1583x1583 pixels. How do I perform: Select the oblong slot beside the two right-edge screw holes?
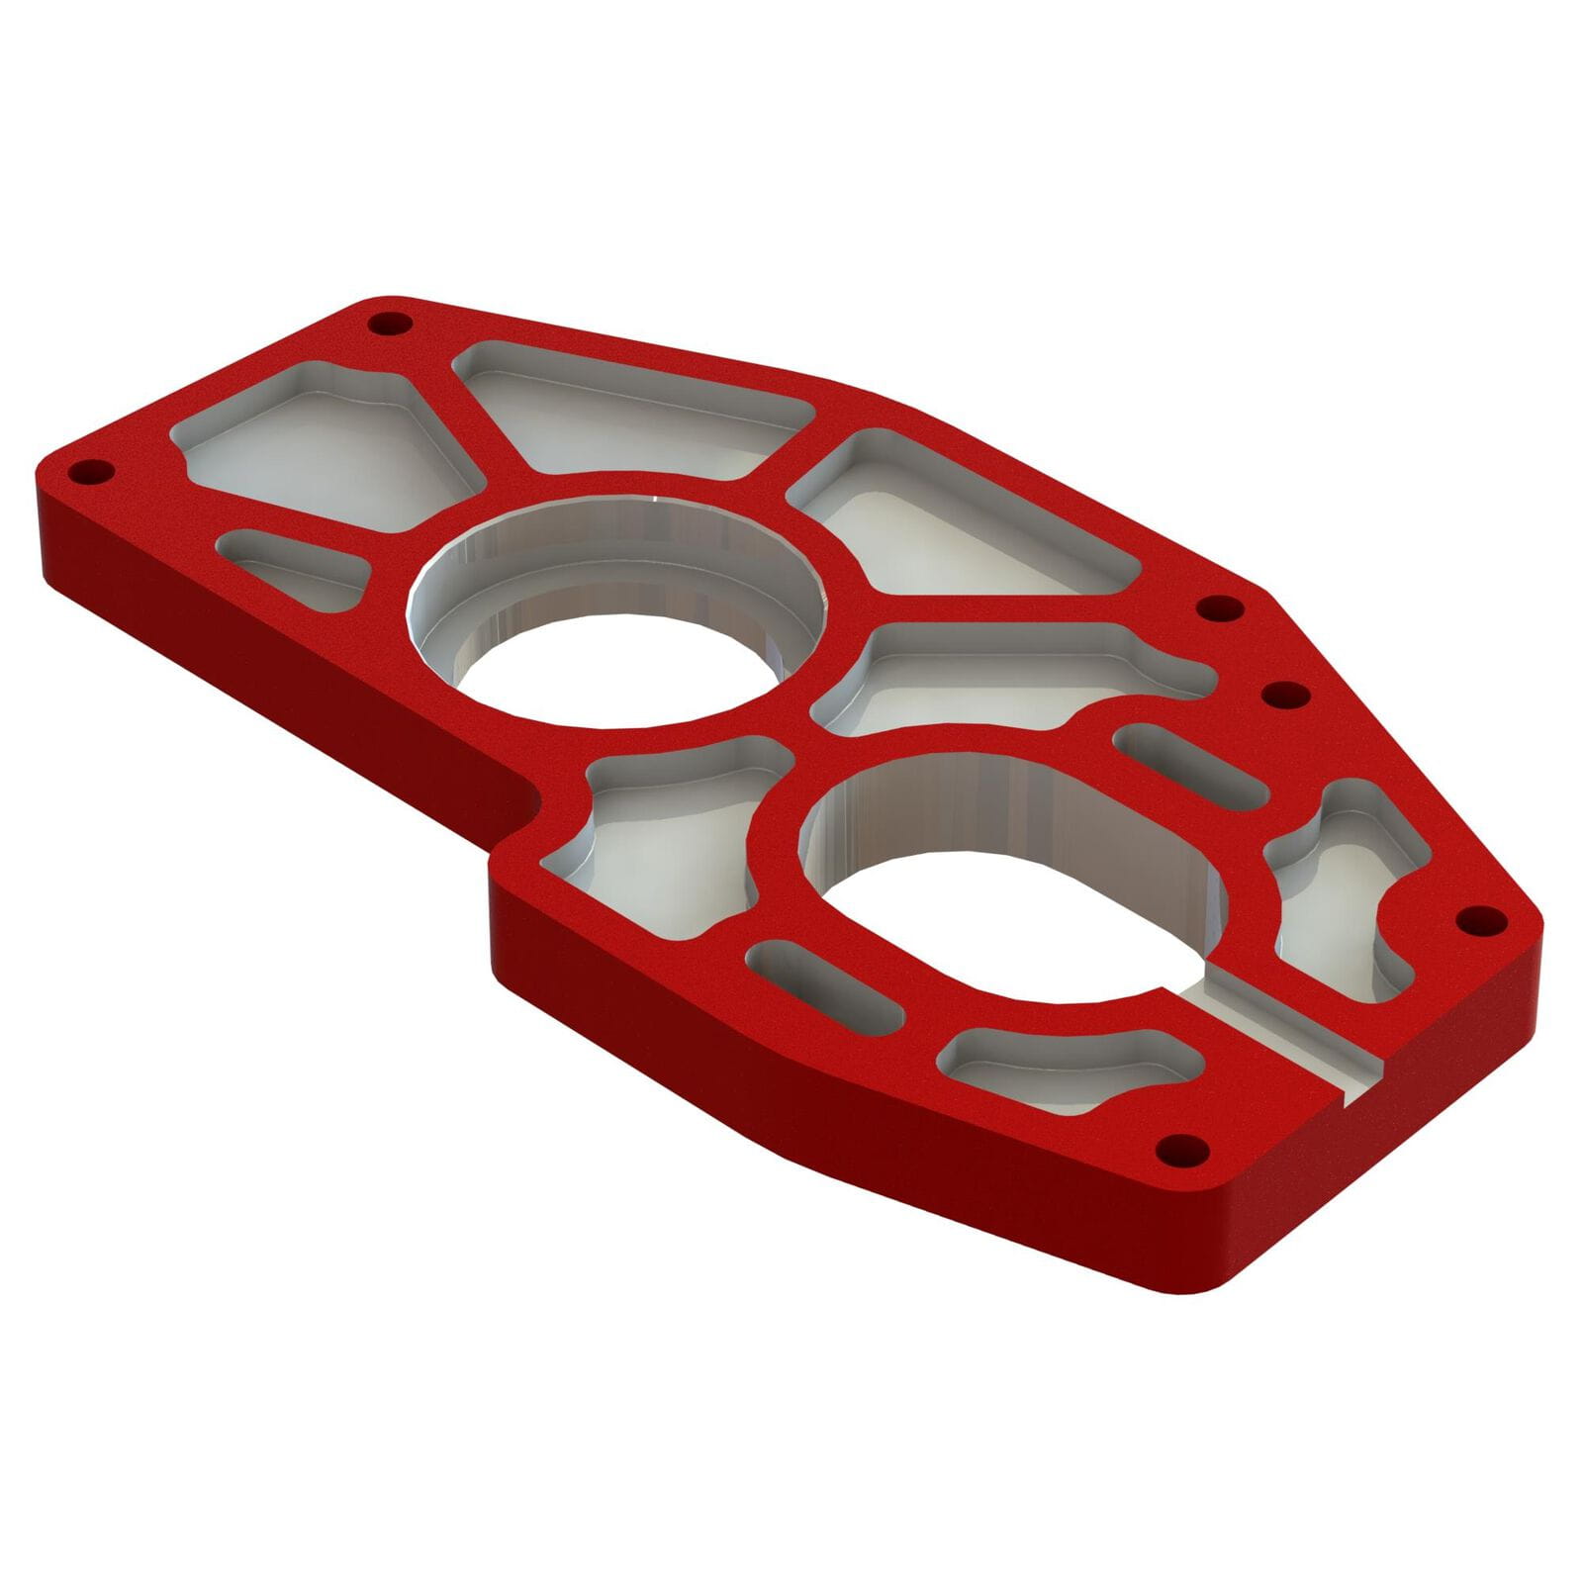(x=1191, y=764)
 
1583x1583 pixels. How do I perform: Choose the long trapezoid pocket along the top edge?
(x=633, y=411)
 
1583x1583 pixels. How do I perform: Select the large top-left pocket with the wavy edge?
(x=326, y=445)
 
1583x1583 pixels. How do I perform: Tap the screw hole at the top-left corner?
(x=390, y=324)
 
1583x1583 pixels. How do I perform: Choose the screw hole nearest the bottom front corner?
(x=1183, y=1151)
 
